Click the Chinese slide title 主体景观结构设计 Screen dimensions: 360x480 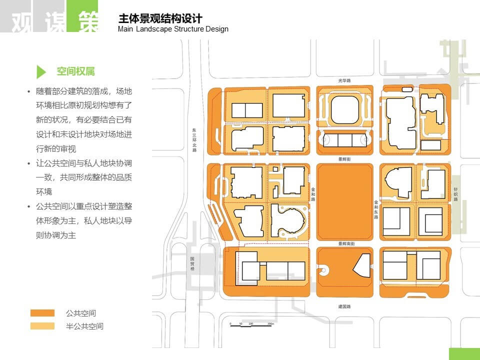(160, 18)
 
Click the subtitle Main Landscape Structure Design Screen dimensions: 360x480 (173, 29)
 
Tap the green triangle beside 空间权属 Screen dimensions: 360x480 (41, 71)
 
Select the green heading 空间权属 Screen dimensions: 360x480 (75, 71)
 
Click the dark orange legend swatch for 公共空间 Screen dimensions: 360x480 (42, 313)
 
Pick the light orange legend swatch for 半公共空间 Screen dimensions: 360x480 (42, 326)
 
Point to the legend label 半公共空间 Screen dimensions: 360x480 (84, 326)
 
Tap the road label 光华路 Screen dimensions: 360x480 (344, 80)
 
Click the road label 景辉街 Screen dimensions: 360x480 (344, 159)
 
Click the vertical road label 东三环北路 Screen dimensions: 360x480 (194, 140)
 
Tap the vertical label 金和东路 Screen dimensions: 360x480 (376, 209)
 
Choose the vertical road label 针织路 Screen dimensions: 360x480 (455, 194)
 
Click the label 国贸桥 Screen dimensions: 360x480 (192, 264)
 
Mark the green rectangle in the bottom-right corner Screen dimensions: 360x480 (464, 354)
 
